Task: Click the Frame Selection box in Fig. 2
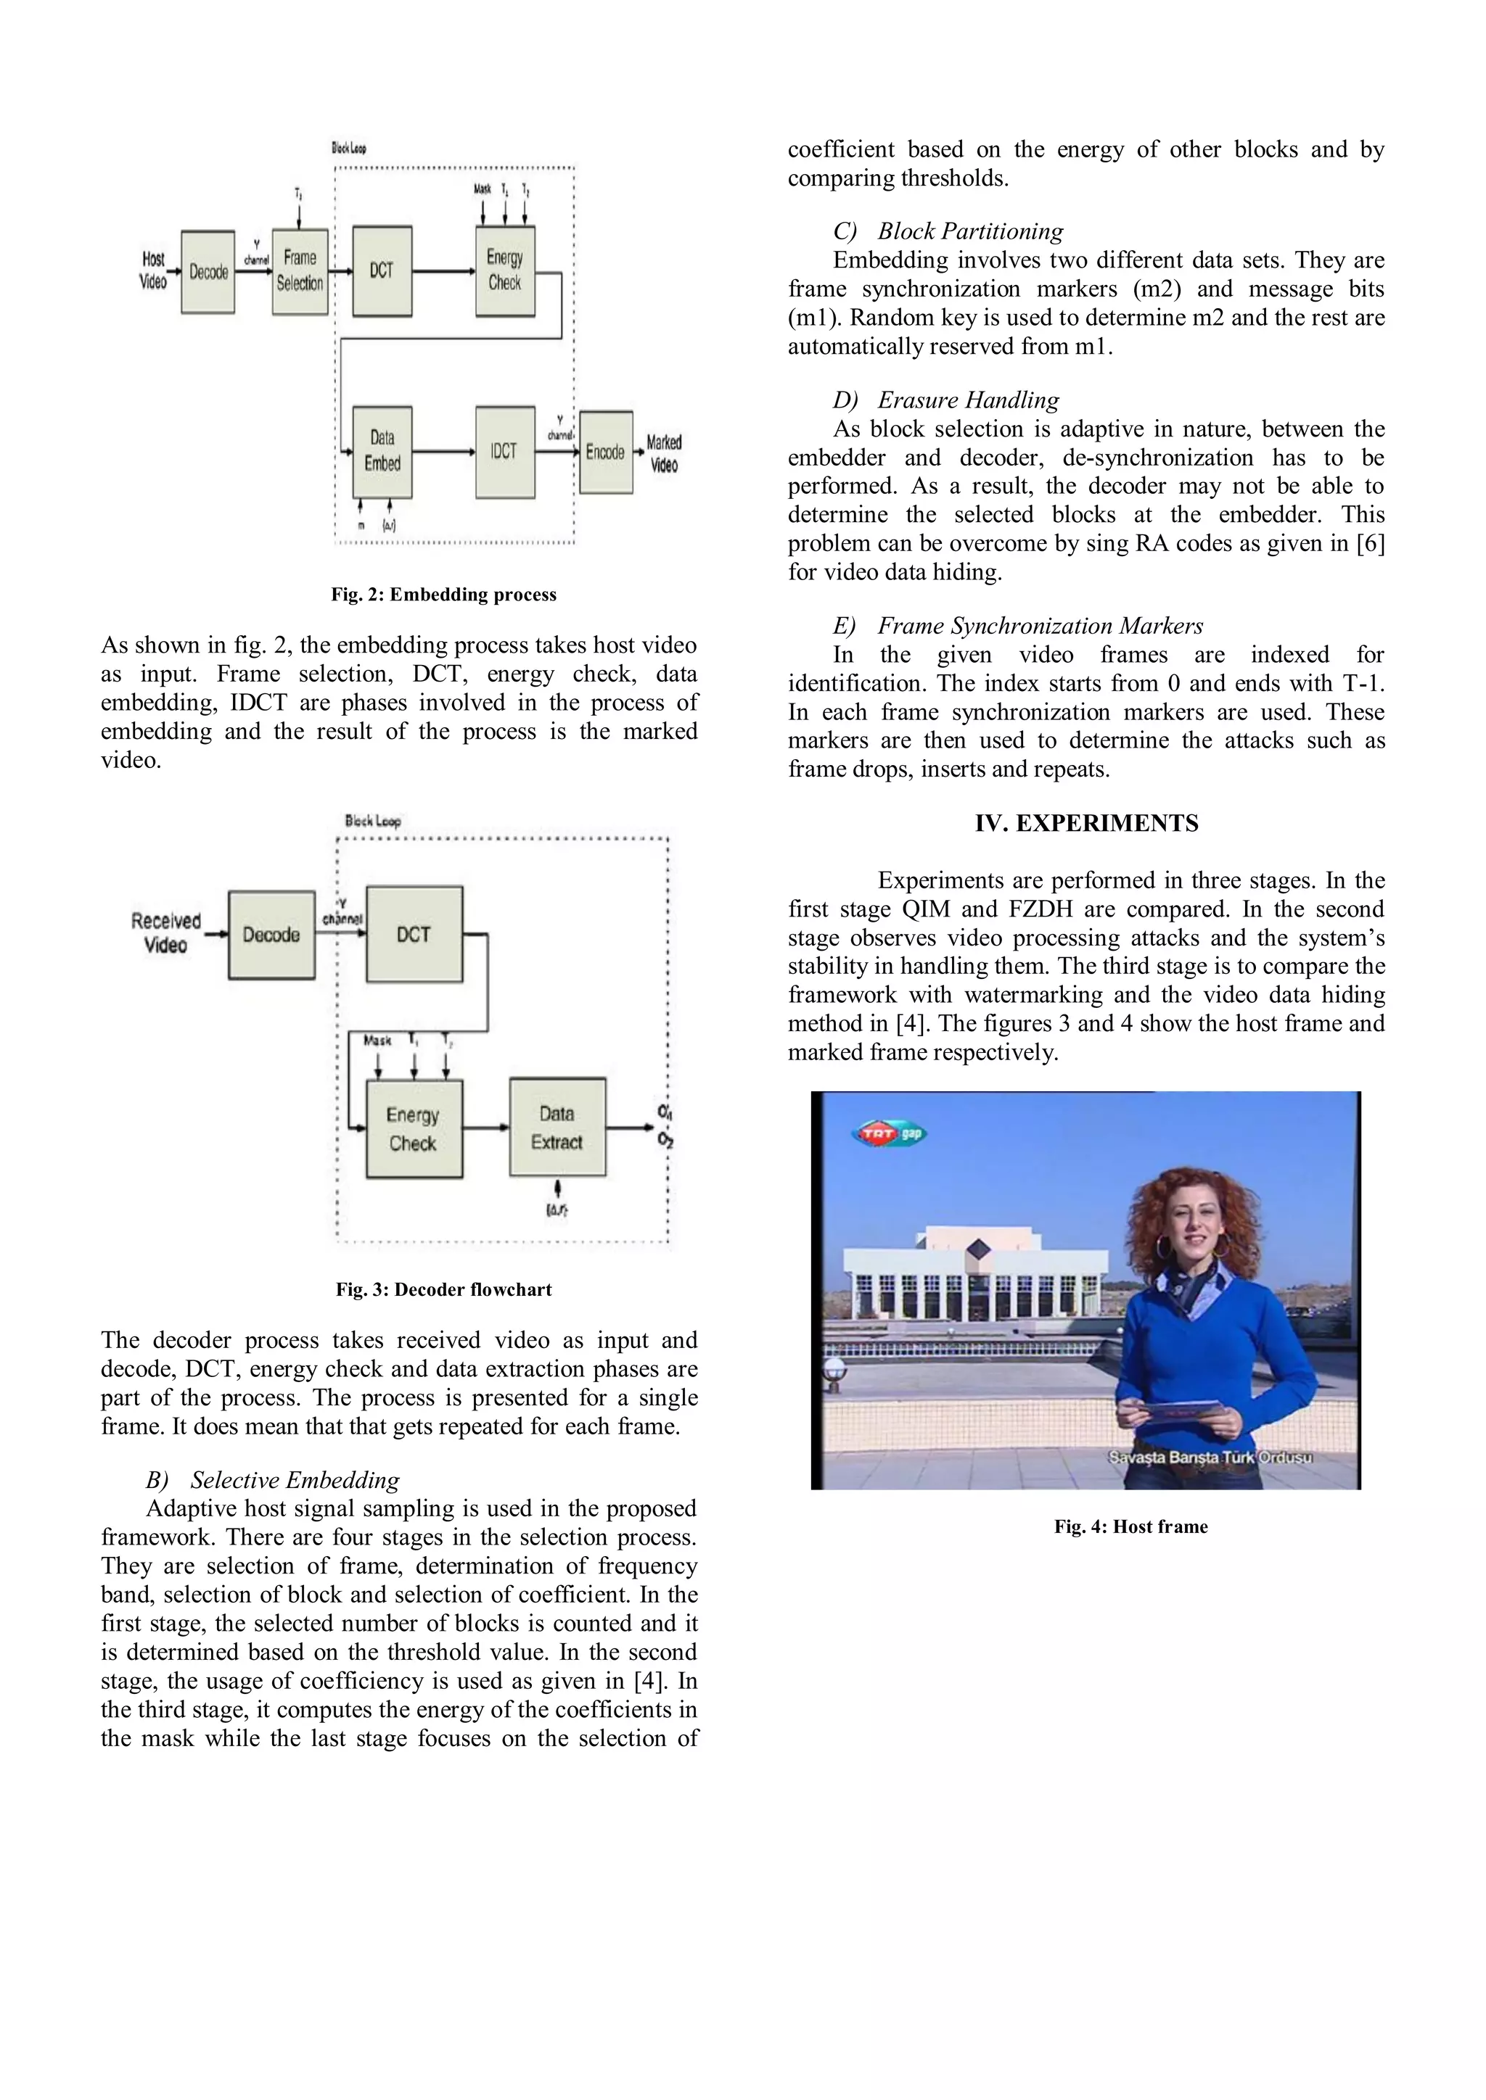click(300, 272)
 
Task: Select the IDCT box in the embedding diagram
click(504, 452)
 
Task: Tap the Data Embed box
click(382, 452)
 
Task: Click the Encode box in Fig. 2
click(605, 452)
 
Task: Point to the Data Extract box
click(557, 1128)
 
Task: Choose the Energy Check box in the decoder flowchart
click(414, 1128)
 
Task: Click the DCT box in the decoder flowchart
click(414, 934)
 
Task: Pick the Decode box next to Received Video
click(272, 934)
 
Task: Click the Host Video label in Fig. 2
click(154, 270)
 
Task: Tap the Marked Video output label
click(665, 452)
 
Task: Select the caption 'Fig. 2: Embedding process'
click(444, 595)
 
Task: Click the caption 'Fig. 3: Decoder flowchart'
click(444, 1289)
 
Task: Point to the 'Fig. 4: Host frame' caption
click(1131, 1526)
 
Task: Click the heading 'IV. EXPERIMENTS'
click(1086, 823)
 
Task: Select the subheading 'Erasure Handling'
click(968, 400)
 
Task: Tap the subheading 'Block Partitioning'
click(970, 231)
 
